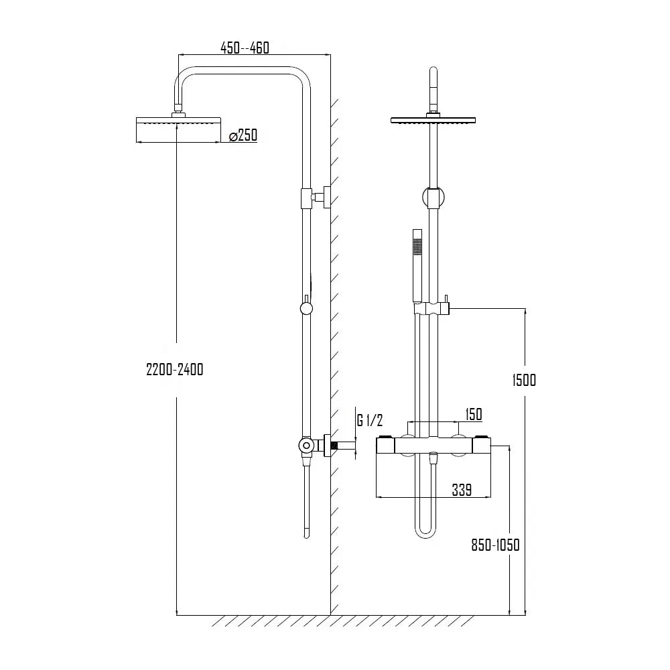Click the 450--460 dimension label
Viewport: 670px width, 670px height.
(x=245, y=48)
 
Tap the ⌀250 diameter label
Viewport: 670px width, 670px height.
(x=243, y=136)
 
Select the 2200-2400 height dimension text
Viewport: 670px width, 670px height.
(x=174, y=369)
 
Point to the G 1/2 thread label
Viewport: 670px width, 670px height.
(x=370, y=421)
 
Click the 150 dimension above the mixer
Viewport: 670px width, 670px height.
(x=473, y=415)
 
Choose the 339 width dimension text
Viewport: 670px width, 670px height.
(x=461, y=490)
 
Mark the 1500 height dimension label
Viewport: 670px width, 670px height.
(x=524, y=380)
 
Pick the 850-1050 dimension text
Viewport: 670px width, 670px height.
(x=495, y=545)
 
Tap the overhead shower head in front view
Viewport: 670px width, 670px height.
(x=435, y=120)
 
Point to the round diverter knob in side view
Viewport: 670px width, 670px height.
(x=306, y=308)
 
